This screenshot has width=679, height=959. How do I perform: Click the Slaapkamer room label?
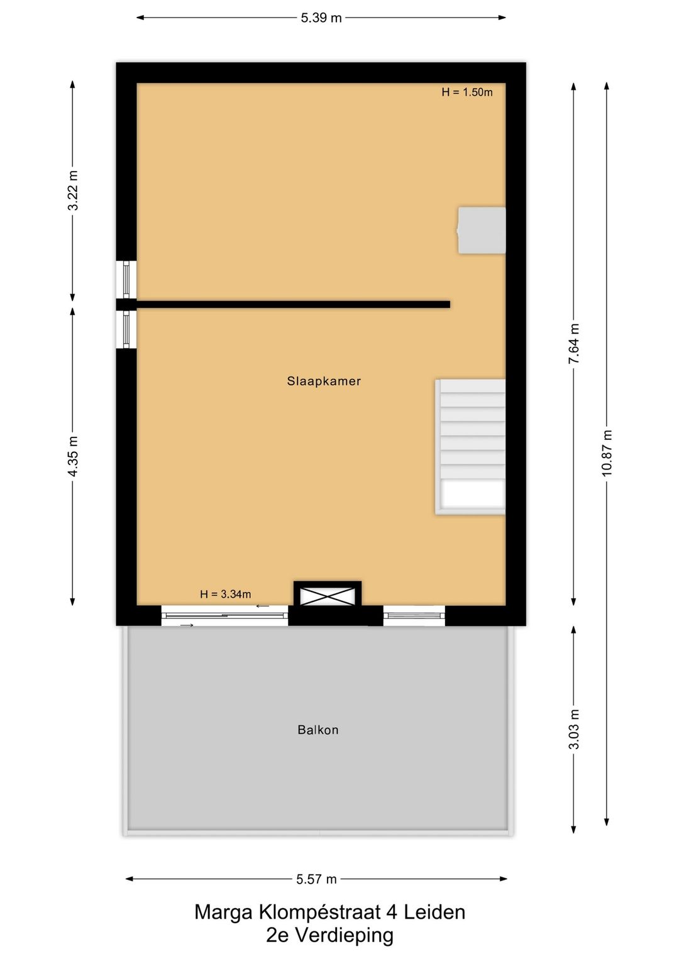(x=324, y=381)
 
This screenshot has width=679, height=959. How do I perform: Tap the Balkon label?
(x=318, y=730)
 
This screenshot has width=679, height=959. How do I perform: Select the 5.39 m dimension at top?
(x=321, y=18)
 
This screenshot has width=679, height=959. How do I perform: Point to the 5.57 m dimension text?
(x=316, y=879)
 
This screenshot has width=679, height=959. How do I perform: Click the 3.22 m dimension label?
(x=73, y=190)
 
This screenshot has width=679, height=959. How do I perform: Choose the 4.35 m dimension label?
(x=73, y=456)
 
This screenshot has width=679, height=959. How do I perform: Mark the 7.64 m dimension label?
(x=574, y=344)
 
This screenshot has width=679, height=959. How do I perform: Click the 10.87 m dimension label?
(x=607, y=452)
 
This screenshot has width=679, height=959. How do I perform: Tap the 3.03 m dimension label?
(x=574, y=729)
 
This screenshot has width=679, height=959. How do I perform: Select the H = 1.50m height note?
(x=467, y=92)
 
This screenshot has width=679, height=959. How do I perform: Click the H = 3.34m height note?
(x=225, y=594)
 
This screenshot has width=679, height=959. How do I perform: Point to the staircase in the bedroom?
(x=471, y=446)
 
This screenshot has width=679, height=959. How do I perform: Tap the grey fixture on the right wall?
(x=482, y=230)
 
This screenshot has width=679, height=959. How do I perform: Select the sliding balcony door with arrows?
(x=224, y=616)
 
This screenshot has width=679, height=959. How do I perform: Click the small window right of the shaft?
(x=414, y=616)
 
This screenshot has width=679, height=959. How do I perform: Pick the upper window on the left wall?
(x=126, y=279)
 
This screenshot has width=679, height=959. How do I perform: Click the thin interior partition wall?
(x=293, y=304)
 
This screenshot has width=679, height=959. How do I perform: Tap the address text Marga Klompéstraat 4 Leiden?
(x=329, y=912)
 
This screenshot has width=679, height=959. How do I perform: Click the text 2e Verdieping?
(x=329, y=935)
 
